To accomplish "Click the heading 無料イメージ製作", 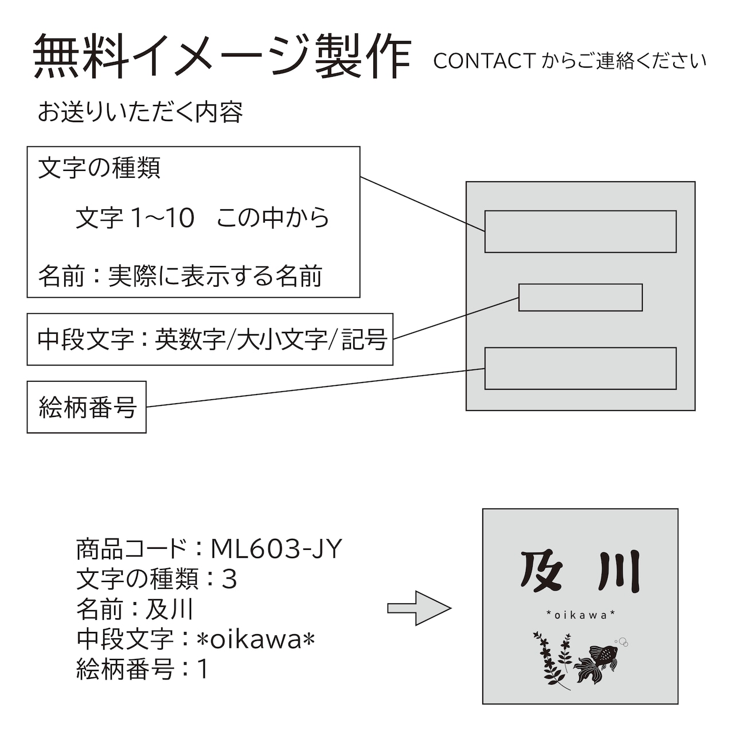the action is pyautogui.click(x=222, y=56).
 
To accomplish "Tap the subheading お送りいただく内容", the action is pyautogui.click(x=140, y=112).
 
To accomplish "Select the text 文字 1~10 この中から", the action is pyautogui.click(x=202, y=218).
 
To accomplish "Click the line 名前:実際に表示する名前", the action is pyautogui.click(x=181, y=276).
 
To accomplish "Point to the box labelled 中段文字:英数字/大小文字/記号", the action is pyautogui.click(x=210, y=339).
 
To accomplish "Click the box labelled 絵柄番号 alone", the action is pyautogui.click(x=87, y=407).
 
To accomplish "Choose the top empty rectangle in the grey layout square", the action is pyautogui.click(x=580, y=232).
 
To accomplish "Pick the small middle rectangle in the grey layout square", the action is pyautogui.click(x=580, y=298).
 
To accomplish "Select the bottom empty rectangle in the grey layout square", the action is pyautogui.click(x=580, y=368).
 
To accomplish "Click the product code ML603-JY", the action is pyautogui.click(x=276, y=549).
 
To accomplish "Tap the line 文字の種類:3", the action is pyautogui.click(x=157, y=579).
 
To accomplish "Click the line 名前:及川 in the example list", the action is pyautogui.click(x=135, y=609).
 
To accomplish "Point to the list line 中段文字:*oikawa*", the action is pyautogui.click(x=196, y=639).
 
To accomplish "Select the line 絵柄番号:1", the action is pyautogui.click(x=142, y=669).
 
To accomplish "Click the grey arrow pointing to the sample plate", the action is pyautogui.click(x=419, y=608).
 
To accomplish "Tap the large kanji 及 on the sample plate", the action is pyautogui.click(x=541, y=572).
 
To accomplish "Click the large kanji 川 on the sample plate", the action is pyautogui.click(x=619, y=572).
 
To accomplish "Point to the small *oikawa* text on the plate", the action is pyautogui.click(x=581, y=615).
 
